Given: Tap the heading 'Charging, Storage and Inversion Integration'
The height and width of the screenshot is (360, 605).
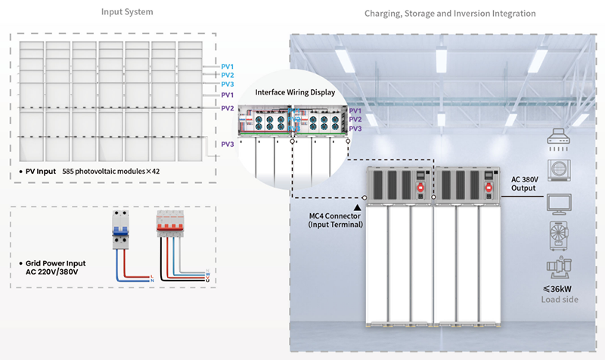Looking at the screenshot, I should tap(450, 14).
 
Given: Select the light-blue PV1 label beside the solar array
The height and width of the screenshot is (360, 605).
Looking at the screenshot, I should tap(227, 67).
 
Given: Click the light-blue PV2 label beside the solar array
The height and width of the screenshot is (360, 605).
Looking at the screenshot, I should tap(227, 76).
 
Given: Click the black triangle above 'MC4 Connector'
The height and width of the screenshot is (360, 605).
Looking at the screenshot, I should tap(356, 204).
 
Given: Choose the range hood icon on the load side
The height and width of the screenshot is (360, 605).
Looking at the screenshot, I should tap(560, 139).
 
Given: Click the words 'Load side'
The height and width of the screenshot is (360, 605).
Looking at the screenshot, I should tap(560, 299).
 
